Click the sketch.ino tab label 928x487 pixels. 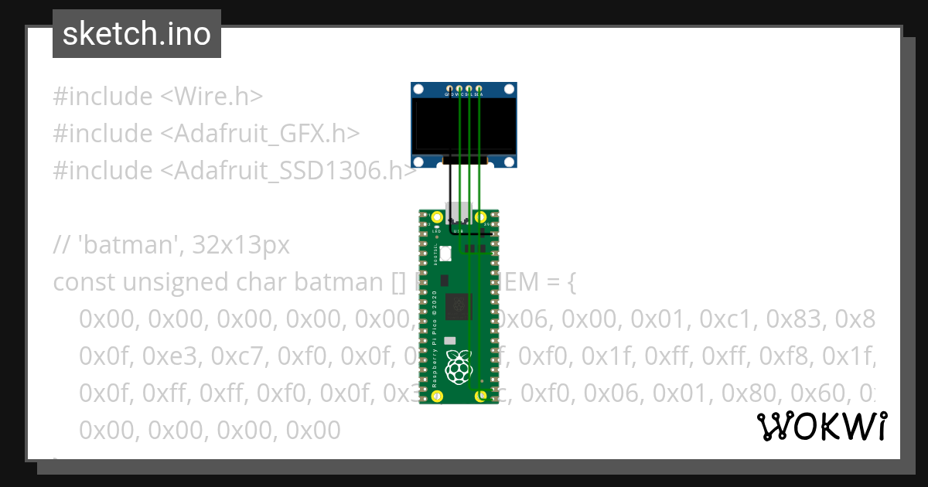click(136, 34)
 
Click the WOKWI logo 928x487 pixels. click(821, 426)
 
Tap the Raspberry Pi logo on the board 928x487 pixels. click(460, 366)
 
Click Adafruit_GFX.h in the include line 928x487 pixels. click(259, 134)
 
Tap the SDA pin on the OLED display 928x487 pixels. click(479, 90)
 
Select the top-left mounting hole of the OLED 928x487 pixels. click(419, 90)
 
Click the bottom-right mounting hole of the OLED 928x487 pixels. click(509, 161)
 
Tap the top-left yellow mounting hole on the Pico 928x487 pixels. click(438, 217)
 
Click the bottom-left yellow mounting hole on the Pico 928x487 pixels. click(438, 396)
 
